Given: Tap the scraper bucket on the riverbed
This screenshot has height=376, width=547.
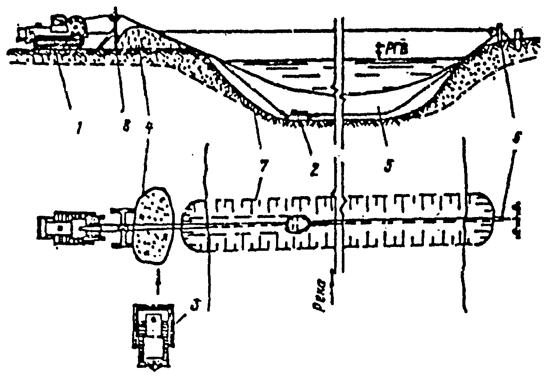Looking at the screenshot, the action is pos(296,113).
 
